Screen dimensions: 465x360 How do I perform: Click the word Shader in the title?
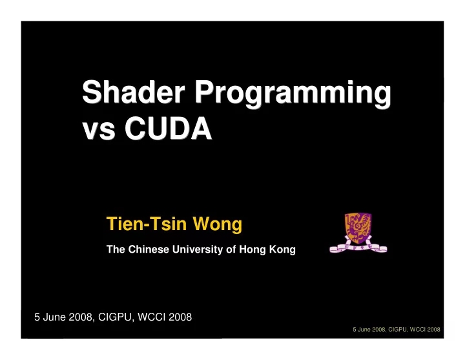pyautogui.click(x=134, y=92)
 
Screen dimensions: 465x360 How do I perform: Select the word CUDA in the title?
pyautogui.click(x=168, y=127)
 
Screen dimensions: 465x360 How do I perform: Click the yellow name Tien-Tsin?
pyautogui.click(x=147, y=224)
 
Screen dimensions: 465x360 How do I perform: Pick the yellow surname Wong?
pyautogui.click(x=218, y=224)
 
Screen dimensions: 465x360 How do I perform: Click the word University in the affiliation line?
pyautogui.click(x=198, y=250)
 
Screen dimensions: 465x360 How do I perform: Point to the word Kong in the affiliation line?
pyautogui.click(x=282, y=250)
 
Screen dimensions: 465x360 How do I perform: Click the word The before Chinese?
pyautogui.click(x=116, y=249)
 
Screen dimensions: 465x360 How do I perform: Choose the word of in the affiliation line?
pyautogui.click(x=231, y=249)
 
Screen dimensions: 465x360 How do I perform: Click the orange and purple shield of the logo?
pyautogui.click(x=358, y=228)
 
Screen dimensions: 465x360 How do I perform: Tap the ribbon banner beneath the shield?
pyautogui.click(x=358, y=248)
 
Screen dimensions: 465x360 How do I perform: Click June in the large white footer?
pyautogui.click(x=54, y=317)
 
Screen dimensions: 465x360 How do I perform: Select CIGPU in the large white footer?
pyautogui.click(x=115, y=317)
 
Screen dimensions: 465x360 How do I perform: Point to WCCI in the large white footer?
pyautogui.click(x=152, y=317)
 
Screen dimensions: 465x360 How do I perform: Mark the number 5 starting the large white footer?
pyautogui.click(x=37, y=317)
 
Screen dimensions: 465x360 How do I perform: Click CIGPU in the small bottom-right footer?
pyautogui.click(x=398, y=330)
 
